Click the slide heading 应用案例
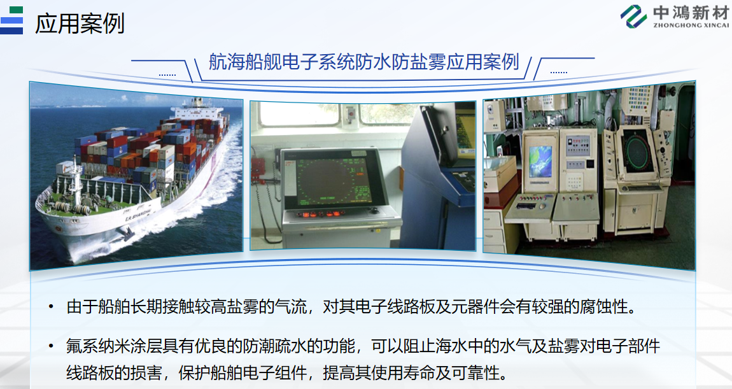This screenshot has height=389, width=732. point(80,24)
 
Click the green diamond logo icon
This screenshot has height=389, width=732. point(633,17)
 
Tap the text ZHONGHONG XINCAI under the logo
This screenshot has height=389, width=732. point(691,25)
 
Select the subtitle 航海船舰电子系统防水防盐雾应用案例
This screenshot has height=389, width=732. point(363,62)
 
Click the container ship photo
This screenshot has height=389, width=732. point(136,176)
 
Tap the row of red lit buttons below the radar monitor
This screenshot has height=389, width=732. point(322,215)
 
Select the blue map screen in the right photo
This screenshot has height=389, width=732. point(540,162)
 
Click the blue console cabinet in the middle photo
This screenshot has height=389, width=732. point(437,178)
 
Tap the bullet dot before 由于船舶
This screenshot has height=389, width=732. point(51,308)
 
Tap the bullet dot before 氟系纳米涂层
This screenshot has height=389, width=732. point(51,346)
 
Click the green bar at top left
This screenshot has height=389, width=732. point(16,10)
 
